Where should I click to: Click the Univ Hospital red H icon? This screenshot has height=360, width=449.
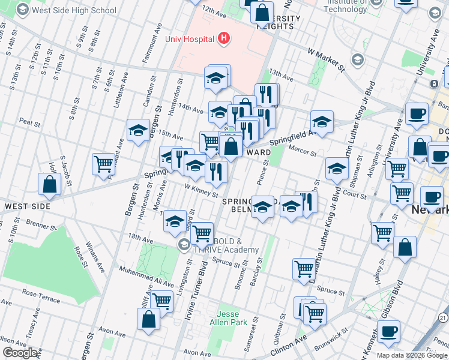pos(223,39)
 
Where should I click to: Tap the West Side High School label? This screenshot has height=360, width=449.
pos(74,10)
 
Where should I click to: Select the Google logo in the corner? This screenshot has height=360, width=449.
pos(20,353)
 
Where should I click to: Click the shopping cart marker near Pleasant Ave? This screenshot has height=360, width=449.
pos(104,163)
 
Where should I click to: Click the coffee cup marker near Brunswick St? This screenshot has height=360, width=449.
pos(388,331)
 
